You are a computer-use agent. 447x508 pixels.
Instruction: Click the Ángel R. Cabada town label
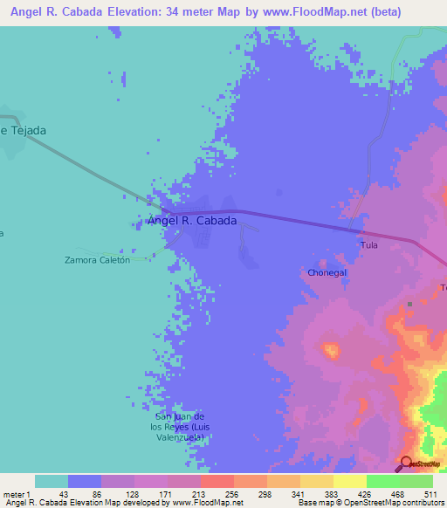click(x=192, y=221)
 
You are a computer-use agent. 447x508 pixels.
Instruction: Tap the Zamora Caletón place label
click(x=98, y=259)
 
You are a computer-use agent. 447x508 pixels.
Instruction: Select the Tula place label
click(x=369, y=245)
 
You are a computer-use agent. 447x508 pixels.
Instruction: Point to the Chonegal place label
click(x=327, y=272)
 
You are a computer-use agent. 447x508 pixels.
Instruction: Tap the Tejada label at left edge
click(x=24, y=130)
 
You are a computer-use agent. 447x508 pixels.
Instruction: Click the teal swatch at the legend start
click(x=52, y=481)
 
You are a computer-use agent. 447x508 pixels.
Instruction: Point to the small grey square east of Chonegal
click(x=409, y=304)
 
